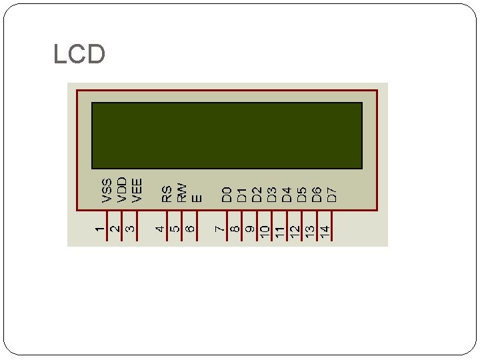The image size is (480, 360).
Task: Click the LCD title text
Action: tap(79, 55)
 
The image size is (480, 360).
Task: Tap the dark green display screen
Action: tap(227, 135)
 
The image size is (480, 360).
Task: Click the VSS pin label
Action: tap(107, 189)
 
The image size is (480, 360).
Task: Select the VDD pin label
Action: tap(122, 189)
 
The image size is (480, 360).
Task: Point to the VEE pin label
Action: tap(137, 189)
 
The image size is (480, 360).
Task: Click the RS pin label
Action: tap(167, 193)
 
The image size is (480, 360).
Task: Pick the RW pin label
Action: tap(181, 193)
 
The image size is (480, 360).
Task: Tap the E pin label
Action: tap(196, 197)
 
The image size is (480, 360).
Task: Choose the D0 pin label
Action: tap(227, 194)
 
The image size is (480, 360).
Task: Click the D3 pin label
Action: tap(271, 194)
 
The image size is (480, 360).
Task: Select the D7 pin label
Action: tap(331, 194)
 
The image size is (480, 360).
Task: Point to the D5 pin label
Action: tap(301, 194)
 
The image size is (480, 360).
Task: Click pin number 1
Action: tap(99, 229)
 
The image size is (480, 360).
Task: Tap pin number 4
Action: tap(159, 229)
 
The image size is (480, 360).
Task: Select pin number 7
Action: tap(219, 229)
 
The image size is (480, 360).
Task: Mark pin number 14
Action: tap(325, 231)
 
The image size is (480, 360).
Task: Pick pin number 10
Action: tap(265, 231)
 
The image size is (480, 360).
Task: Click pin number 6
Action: tap(189, 229)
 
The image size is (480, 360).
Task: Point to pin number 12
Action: tap(295, 231)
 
